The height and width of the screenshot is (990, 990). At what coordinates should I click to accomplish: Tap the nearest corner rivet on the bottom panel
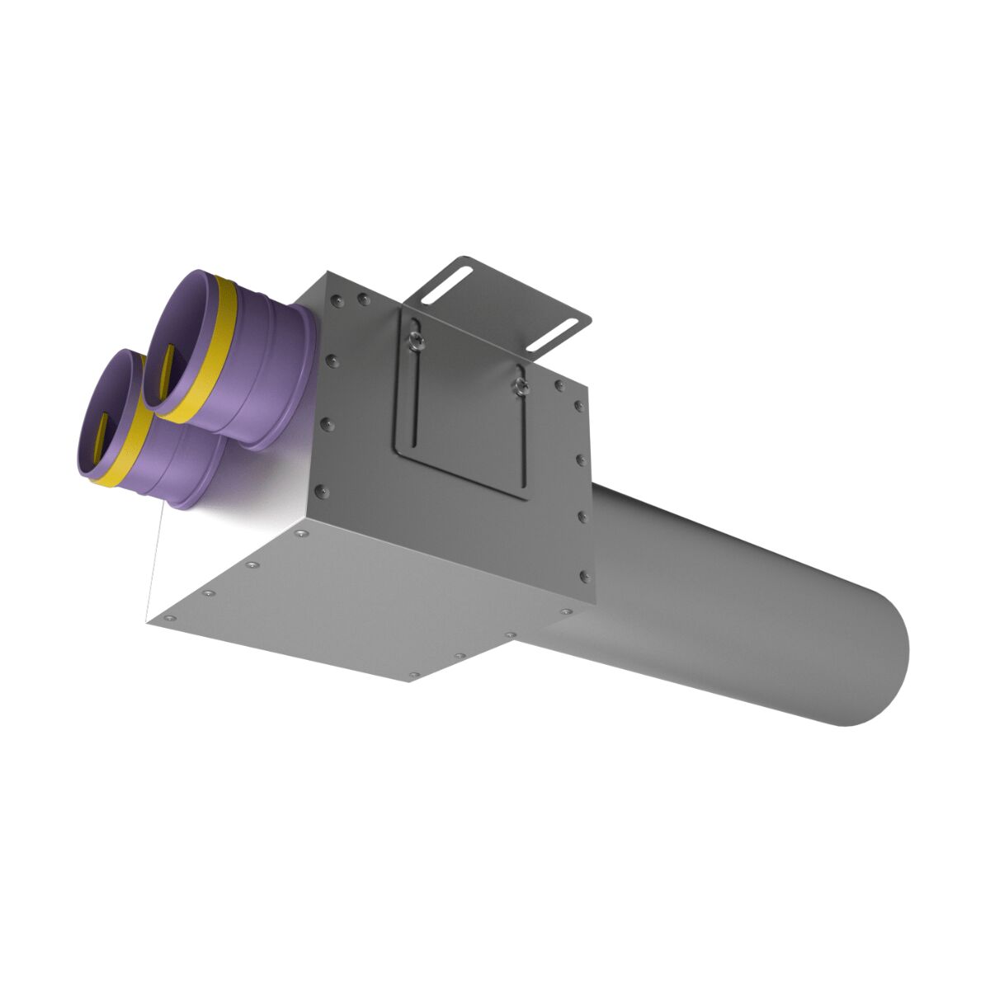click(x=169, y=617)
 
